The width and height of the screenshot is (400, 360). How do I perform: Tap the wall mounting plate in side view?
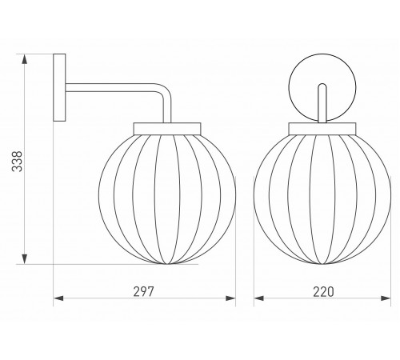click(60, 87)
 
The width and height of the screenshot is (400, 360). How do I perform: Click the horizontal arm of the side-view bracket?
click(112, 88)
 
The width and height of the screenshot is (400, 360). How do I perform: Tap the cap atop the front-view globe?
click(323, 126)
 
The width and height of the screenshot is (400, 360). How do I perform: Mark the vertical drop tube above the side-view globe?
click(167, 110)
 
